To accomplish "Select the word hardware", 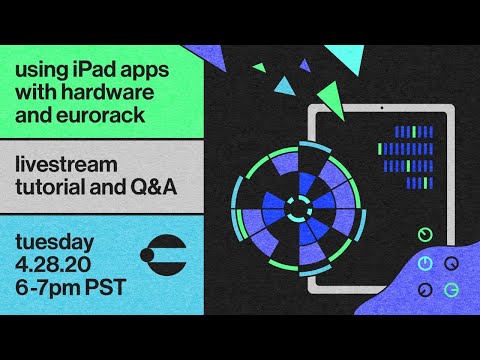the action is click(x=112, y=92).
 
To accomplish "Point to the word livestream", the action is click(x=66, y=164).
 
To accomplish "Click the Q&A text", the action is click(x=153, y=187).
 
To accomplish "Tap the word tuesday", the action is click(x=55, y=242).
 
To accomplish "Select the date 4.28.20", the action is click(x=53, y=265).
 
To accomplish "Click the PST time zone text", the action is click(x=106, y=287).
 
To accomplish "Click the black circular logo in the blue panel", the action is click(x=163, y=255).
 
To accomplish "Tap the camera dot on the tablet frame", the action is click(x=382, y=108).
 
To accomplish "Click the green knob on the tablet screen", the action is click(x=425, y=235).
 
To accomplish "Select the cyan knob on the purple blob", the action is click(x=425, y=263).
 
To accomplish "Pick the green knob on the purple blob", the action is click(x=451, y=290).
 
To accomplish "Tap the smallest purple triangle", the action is click(x=304, y=66).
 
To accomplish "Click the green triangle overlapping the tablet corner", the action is click(x=333, y=99).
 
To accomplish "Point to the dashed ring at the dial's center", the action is click(x=299, y=209).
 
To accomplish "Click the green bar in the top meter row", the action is click(x=414, y=132).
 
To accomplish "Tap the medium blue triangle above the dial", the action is click(x=285, y=86).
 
